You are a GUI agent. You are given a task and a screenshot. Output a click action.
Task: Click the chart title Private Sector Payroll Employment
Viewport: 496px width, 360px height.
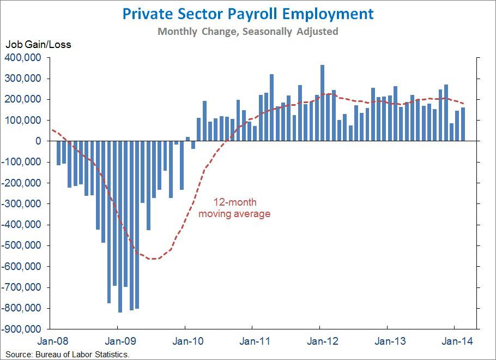[x=248, y=14]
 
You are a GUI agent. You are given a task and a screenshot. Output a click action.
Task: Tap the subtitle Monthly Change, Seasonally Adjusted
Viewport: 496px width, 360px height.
[x=248, y=31]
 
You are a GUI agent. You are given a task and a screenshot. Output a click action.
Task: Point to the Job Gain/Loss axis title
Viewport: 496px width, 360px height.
[x=38, y=45]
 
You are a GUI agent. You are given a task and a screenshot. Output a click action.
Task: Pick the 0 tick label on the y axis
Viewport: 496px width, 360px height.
[x=38, y=141]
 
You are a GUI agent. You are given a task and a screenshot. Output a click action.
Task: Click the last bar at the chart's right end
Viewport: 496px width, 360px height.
[x=463, y=124]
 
